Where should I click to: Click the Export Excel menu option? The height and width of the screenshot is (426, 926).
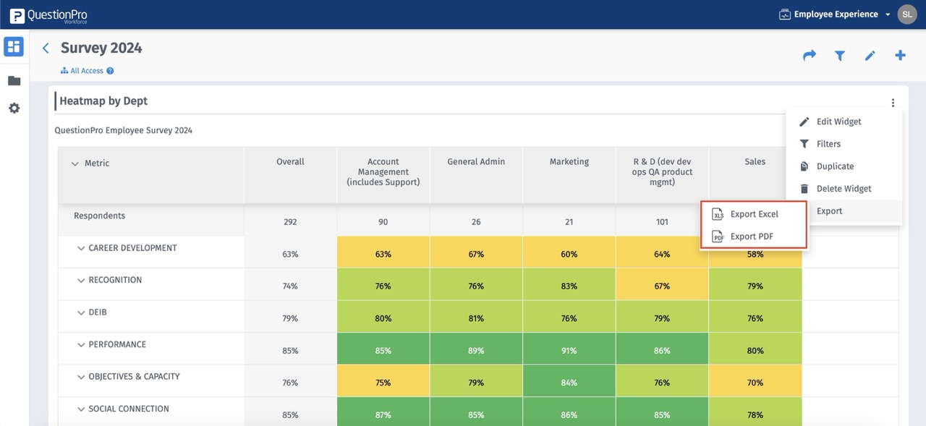pos(753,214)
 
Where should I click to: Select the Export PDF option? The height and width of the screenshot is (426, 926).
pos(751,237)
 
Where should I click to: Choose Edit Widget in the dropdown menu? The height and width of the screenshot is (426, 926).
pos(838,122)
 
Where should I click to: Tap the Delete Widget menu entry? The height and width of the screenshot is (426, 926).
pos(843,189)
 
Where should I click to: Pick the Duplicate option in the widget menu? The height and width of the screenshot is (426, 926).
pos(834,166)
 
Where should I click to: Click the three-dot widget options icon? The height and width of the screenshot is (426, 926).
pos(893,103)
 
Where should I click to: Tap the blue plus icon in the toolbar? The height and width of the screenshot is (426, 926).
pos(900,56)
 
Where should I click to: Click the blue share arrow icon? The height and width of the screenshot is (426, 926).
pos(810,56)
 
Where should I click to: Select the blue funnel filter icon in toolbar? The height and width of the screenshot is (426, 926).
pos(840,56)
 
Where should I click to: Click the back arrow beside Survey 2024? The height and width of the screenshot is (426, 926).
pos(46,48)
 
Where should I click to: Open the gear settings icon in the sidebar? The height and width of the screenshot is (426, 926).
pos(14,108)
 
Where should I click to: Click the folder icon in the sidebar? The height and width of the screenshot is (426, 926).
pos(14,81)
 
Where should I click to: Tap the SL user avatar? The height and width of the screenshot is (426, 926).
pos(907,14)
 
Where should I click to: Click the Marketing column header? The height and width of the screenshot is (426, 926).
pos(569,162)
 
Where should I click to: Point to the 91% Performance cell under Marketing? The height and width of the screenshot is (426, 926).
pos(569,351)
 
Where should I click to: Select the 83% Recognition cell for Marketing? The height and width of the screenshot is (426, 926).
pos(569,286)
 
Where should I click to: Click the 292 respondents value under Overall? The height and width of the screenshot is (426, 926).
pos(290,222)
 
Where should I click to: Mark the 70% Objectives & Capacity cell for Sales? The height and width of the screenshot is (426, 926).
pos(755,383)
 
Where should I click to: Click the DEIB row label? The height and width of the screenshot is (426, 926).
pos(98,312)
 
